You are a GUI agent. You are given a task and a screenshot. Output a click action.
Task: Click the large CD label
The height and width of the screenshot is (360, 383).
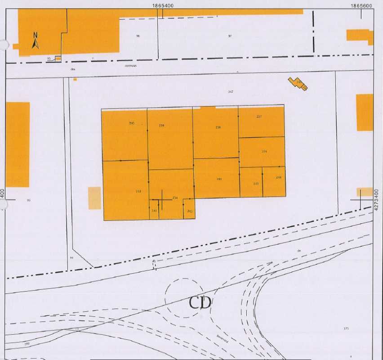(x=200, y=302)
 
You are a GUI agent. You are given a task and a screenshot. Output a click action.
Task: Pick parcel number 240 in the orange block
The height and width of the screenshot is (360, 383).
(x=132, y=123)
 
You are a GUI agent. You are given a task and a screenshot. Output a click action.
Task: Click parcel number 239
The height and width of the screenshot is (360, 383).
(x=161, y=126)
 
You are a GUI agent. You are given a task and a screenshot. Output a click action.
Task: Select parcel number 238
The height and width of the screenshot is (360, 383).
(x=218, y=127)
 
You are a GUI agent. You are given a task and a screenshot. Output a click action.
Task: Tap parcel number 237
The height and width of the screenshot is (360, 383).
(x=259, y=117)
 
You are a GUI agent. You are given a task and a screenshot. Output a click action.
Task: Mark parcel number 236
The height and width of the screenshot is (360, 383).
(x=264, y=152)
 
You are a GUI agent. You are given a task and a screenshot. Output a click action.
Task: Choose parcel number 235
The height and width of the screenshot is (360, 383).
(x=219, y=179)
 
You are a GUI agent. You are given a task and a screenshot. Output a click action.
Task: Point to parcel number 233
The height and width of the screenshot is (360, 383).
(x=138, y=191)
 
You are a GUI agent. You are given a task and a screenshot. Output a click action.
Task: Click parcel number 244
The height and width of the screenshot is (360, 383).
(x=279, y=178)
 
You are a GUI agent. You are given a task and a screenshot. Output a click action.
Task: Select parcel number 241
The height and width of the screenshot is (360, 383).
(x=154, y=211)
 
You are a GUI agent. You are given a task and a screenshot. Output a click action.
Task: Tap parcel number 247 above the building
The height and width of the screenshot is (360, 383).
(x=231, y=92)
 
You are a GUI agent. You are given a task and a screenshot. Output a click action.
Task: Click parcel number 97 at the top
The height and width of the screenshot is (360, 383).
(x=230, y=36)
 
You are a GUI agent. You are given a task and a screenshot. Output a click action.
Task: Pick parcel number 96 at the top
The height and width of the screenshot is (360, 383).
(x=138, y=36)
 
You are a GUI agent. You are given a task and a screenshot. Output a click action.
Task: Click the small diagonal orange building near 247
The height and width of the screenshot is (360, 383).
(x=298, y=84)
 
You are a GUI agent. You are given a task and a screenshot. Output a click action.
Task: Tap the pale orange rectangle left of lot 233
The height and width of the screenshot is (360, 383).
(x=94, y=198)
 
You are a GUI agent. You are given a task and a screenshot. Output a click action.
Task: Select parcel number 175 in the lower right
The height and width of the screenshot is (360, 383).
(x=346, y=329)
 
